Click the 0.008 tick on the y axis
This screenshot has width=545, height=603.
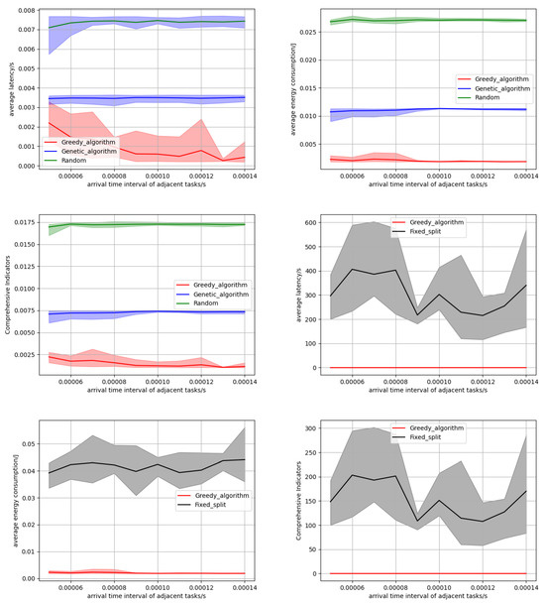pyautogui.click(x=18, y=9)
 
